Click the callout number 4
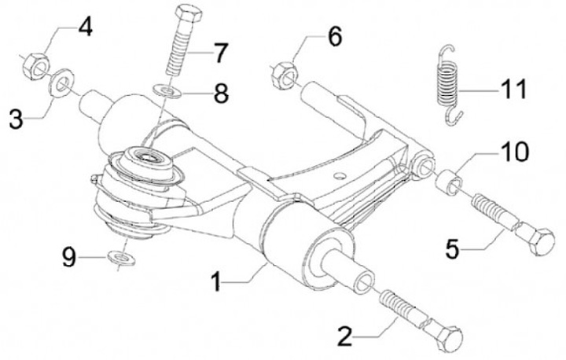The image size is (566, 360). coord(86,28)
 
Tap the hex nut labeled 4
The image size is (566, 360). coord(35,66)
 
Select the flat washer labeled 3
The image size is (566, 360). coord(61,83)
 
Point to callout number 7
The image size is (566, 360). coord(220,53)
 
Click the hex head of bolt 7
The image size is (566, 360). coord(189,16)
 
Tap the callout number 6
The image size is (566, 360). coord(335,37)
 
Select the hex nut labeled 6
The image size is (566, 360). coord(285,75)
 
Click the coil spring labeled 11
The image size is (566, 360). coord(448,86)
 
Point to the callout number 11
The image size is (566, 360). coord(513,89)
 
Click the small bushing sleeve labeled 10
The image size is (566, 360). coord(449,184)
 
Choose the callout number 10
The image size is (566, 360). coord(514,152)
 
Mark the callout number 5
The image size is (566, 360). coord(452,249)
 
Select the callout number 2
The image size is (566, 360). coord(345,336)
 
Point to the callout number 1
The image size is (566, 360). coord(216,281)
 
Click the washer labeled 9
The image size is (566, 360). coord(121,258)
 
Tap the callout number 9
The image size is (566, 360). coord(69,258)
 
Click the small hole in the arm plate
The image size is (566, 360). coord(340,176)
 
